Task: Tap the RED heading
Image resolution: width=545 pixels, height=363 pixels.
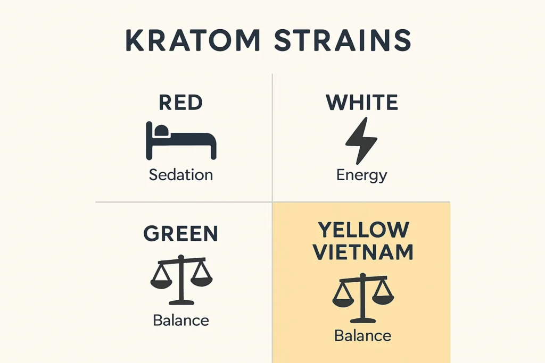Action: (181, 102)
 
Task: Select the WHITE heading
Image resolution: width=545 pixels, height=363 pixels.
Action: (362, 102)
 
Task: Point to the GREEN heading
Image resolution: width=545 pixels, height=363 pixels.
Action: (181, 234)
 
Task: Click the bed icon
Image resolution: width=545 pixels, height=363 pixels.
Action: (181, 140)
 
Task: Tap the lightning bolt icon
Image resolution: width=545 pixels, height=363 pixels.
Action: (361, 140)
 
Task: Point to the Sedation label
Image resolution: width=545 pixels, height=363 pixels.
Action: (181, 175)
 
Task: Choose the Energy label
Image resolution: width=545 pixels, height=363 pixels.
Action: (362, 175)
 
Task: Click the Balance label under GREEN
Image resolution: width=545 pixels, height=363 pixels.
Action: (181, 320)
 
